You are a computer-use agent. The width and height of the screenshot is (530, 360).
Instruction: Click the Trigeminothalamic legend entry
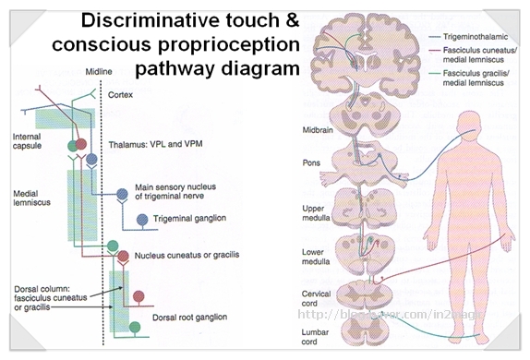474,36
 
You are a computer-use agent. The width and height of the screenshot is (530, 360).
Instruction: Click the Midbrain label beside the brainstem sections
318,130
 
